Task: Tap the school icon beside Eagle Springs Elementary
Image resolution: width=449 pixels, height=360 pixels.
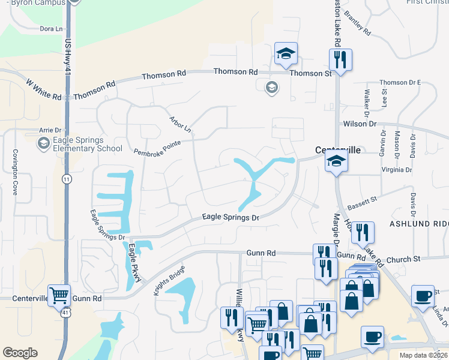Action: coord(43,143)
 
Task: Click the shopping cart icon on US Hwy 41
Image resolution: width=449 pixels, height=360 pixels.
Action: coord(59,295)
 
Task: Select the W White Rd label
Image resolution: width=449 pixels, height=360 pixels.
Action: coord(44,88)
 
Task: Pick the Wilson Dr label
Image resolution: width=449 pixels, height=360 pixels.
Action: coord(360,124)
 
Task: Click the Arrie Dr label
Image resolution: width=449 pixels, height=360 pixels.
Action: coord(50,130)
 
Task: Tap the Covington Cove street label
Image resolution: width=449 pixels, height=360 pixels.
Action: coord(16,171)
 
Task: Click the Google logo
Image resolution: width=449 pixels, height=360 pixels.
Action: coord(20,353)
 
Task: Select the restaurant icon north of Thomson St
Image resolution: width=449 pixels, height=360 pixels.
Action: coord(340,60)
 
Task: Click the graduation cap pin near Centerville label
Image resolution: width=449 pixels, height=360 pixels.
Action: coord(336,161)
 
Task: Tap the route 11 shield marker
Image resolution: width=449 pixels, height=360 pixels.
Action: coord(67,179)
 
